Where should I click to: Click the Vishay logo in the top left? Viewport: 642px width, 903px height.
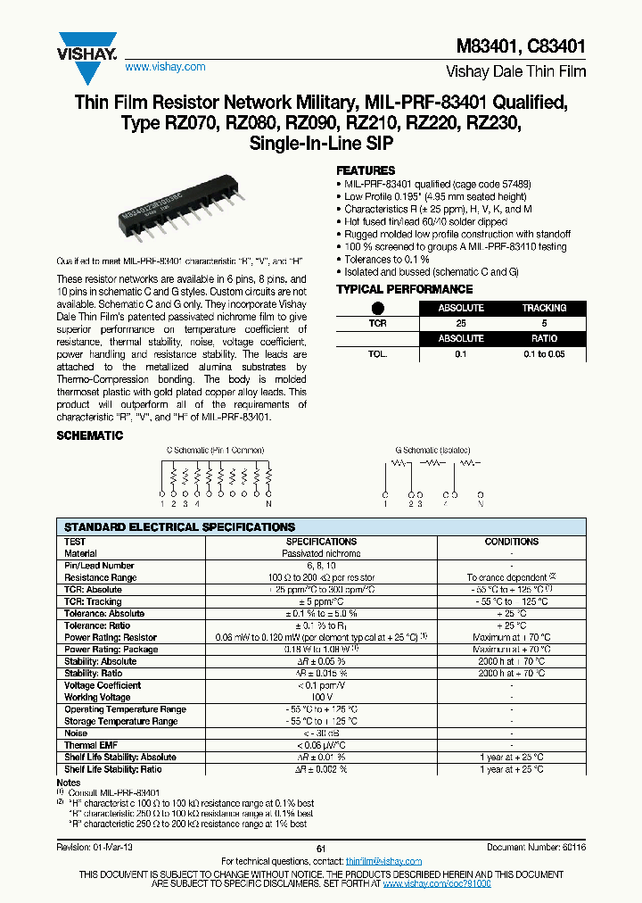[86, 44]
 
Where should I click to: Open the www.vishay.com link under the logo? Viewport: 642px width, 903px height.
[165, 67]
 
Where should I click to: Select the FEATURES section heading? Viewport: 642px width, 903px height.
[366, 170]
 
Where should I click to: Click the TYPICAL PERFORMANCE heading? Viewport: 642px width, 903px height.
[404, 289]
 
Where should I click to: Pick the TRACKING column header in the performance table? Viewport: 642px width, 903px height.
[544, 308]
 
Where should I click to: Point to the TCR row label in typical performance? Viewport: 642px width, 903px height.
[378, 323]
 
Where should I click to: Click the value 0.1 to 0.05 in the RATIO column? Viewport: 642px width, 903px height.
[544, 354]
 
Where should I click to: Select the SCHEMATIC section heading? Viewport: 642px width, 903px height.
[90, 435]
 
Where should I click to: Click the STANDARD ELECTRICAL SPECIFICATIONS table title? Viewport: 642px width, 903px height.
[179, 527]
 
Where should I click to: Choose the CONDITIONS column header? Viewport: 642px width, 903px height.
[511, 542]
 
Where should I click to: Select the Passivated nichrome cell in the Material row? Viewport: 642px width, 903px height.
[321, 553]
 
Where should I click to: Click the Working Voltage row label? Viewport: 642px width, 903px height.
[97, 697]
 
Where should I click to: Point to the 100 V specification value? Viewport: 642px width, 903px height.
[321, 697]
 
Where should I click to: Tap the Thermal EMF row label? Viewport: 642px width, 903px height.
[93, 745]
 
